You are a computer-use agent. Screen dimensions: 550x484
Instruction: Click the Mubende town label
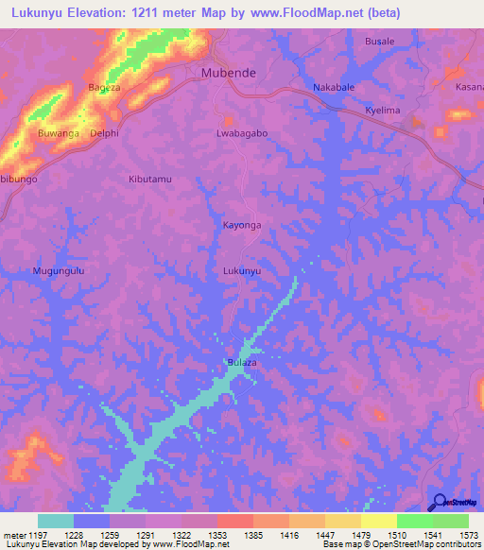[x=229, y=72]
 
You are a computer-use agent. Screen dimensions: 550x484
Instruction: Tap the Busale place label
[x=380, y=42]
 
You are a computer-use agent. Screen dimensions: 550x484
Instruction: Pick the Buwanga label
[x=58, y=133]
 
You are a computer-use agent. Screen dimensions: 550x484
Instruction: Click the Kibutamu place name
[x=151, y=179]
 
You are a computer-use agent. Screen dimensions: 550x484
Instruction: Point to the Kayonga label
[x=241, y=225]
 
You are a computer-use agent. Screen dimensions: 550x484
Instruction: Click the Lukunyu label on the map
[x=241, y=270]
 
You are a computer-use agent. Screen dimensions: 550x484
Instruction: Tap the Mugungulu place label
[x=59, y=270]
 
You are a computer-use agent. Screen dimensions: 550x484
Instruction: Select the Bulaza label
[x=242, y=362]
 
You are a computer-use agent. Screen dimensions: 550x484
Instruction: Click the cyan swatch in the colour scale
[x=56, y=521]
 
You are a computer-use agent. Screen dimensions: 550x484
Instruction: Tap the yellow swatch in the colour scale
[x=379, y=521]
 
